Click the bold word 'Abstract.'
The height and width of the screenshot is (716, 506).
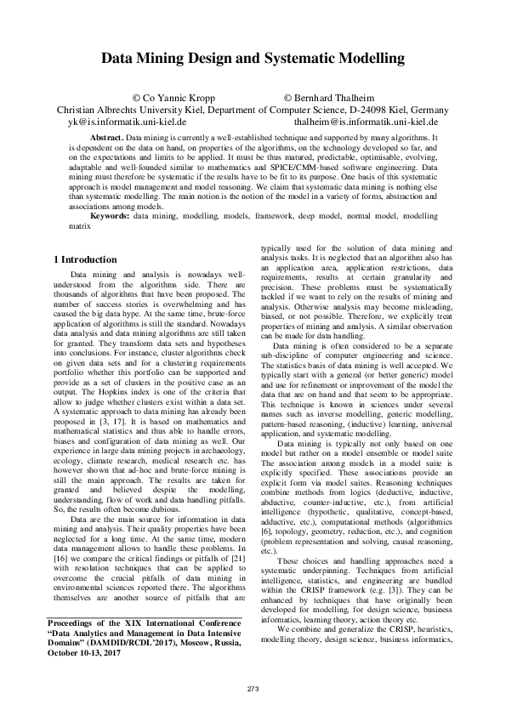[x=106, y=137]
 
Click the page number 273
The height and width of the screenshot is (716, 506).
[x=252, y=687]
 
